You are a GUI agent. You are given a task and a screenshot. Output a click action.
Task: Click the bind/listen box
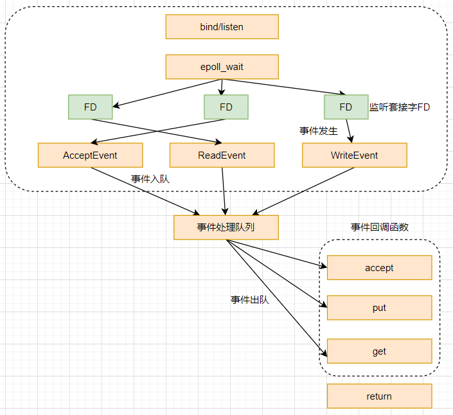222,27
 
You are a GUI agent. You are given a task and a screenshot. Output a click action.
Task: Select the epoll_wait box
222,67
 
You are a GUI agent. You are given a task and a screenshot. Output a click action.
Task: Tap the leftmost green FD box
90,107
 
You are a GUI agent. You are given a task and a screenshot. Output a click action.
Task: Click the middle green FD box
226,107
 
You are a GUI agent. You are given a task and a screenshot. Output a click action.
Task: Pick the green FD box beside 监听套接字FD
346,107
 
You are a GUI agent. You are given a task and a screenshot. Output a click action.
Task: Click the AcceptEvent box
90,155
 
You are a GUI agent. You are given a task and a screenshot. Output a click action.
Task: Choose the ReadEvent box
222,155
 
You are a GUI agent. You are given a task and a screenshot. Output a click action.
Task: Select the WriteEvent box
354,155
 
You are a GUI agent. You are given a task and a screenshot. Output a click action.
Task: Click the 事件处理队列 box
226,227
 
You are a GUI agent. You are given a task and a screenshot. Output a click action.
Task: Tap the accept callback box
379,268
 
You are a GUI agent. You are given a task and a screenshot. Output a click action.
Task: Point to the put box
379,308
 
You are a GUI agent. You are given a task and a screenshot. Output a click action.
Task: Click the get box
379,351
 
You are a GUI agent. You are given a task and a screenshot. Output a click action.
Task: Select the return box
379,396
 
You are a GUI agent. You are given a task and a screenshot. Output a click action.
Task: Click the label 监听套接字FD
399,107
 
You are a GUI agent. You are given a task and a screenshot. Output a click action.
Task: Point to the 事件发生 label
319,131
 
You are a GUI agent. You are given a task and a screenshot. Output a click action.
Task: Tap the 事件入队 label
150,179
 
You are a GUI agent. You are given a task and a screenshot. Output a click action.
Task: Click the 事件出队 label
250,299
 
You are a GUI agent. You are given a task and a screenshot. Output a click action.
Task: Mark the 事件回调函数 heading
379,227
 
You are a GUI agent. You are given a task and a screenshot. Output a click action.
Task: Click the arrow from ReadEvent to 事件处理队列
224,191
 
